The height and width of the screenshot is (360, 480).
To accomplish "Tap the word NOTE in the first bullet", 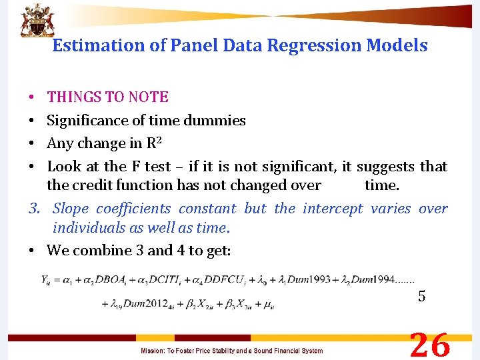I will coord(149,97).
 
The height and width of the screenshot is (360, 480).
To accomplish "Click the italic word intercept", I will coord(333,209).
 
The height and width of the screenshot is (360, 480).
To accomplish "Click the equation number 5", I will coord(421,297).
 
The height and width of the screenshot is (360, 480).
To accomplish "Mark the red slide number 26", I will coord(430,345).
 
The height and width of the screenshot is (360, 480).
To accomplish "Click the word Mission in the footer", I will coord(153,351).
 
